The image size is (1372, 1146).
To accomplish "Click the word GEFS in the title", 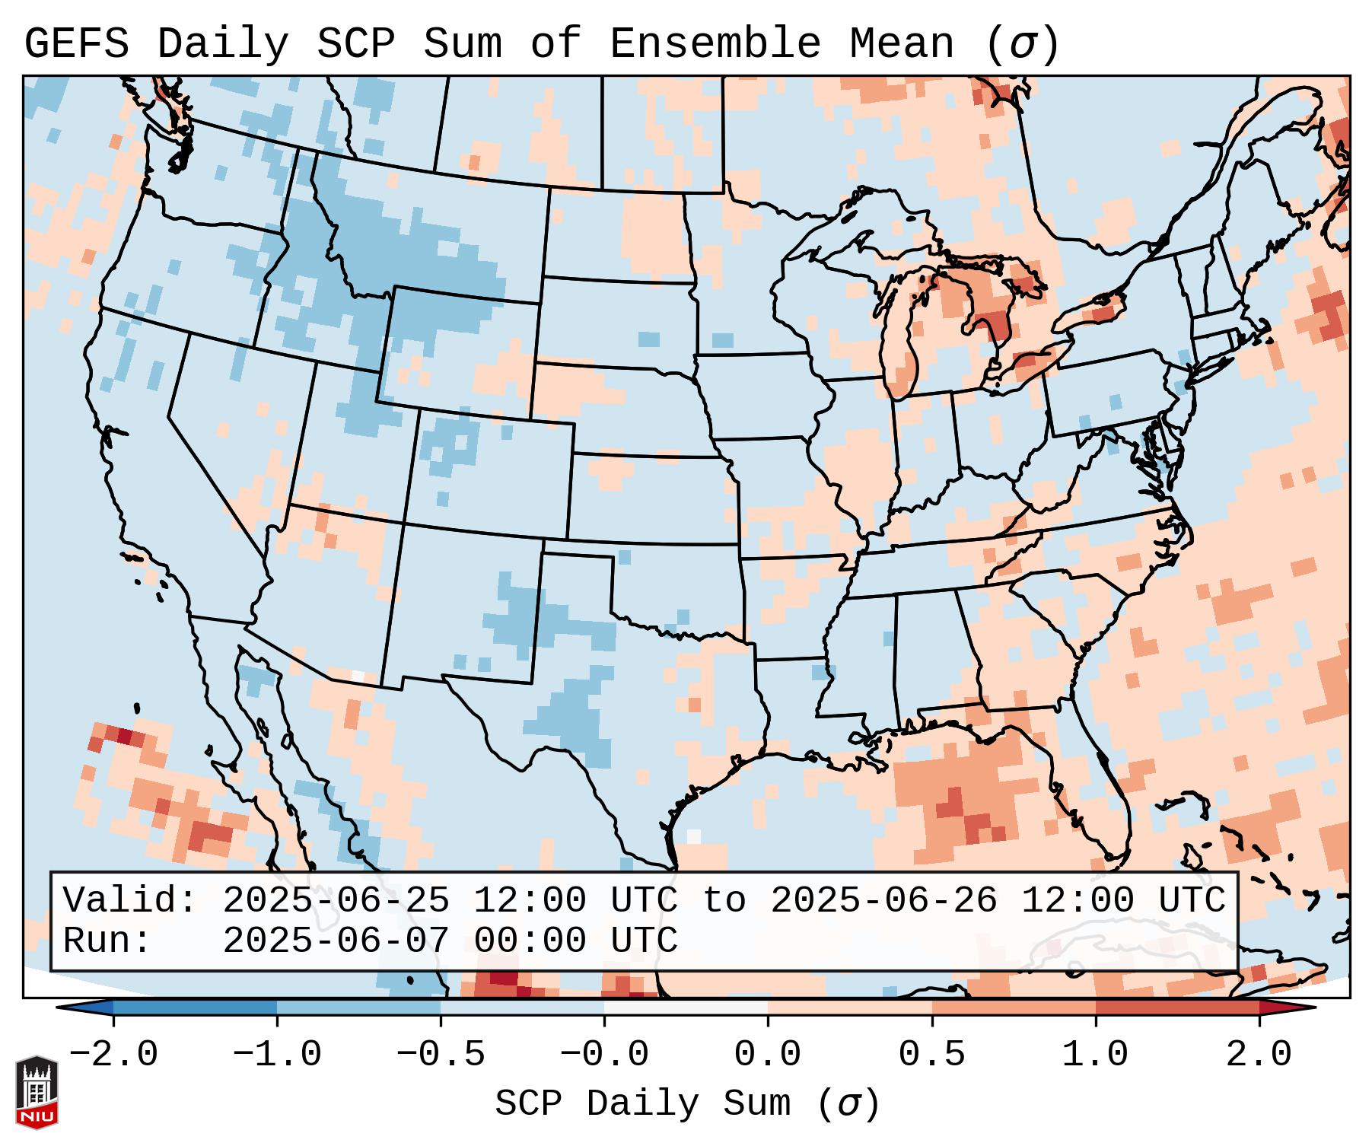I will point(76,44).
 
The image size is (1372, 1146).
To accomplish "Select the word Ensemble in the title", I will point(715,44).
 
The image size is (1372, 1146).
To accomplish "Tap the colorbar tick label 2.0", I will point(1259,1055).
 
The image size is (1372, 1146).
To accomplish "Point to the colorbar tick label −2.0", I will point(113,1055).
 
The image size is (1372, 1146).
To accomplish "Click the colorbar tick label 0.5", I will point(931,1055).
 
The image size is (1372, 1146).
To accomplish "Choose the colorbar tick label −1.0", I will point(277,1055).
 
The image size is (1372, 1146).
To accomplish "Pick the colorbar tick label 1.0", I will point(1095,1055).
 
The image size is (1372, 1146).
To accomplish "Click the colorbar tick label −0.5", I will point(441,1055).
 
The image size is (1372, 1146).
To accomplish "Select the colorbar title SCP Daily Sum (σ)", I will point(687,1104).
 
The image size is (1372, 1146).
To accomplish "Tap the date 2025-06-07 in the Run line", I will point(336,941).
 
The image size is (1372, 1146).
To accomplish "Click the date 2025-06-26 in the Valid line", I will point(884,901).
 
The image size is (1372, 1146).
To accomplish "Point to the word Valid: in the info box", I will point(130,901).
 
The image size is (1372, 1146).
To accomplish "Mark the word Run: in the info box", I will point(107,941).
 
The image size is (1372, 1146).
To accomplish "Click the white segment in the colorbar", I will point(686,1008).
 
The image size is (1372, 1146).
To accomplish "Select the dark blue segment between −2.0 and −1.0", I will point(195,1008).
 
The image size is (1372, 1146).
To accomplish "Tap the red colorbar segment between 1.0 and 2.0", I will point(1176,1008).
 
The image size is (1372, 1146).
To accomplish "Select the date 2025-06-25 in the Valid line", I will point(336,901).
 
